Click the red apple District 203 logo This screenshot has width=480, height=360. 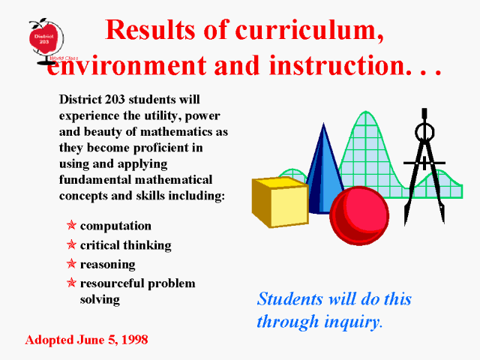43,39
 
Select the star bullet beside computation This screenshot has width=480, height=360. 71,225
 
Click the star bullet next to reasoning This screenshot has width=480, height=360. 71,263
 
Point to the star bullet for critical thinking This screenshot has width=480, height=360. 71,244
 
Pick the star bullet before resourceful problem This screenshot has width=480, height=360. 71,282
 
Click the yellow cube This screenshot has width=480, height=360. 280,202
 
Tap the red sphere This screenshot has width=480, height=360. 359,216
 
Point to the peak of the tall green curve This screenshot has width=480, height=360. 365,112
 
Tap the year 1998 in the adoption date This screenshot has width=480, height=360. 135,340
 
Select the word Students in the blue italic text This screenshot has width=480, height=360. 290,298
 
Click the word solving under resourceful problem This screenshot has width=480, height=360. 100,300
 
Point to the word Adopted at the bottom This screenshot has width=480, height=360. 49,340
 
